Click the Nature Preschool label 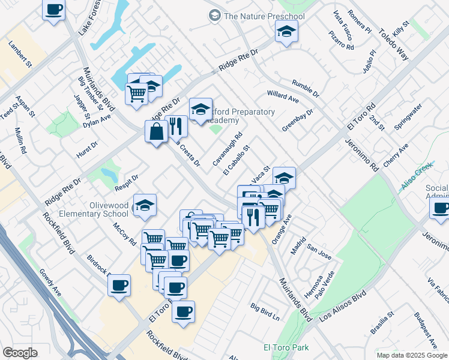tap(264, 16)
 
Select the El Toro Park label tap(286, 347)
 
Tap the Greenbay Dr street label tap(298, 120)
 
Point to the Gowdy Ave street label tap(50, 283)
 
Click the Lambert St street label tap(20, 53)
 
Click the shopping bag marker tap(156, 131)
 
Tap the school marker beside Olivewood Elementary tap(145, 205)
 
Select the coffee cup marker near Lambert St tap(54, 10)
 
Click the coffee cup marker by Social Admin tap(441, 209)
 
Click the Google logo tap(20, 352)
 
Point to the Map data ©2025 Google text tap(411, 355)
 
